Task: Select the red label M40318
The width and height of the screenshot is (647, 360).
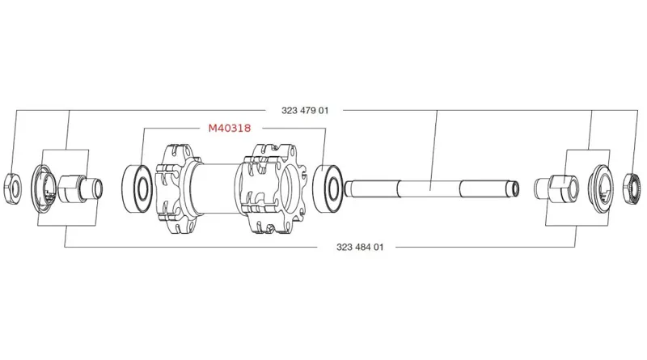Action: tap(230, 128)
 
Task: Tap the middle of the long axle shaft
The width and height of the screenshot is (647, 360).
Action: tap(429, 188)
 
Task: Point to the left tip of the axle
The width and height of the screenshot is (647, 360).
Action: tap(349, 189)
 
